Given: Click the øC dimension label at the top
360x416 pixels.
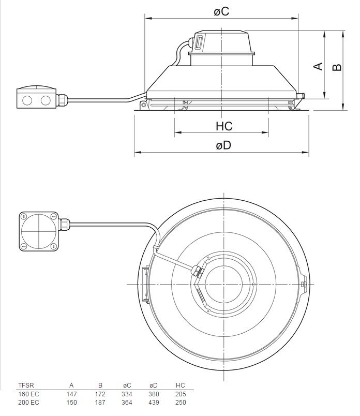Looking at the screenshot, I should point(221,11).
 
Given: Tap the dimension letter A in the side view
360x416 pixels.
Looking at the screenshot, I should point(318,66).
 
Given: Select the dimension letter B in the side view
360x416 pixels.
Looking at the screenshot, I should point(337,67).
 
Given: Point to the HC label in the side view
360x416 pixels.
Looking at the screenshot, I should point(224,126).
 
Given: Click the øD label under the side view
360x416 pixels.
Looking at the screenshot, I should point(223,145).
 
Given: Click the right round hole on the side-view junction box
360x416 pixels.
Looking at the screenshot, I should point(46,99).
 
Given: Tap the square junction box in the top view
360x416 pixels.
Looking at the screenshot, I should point(38,230).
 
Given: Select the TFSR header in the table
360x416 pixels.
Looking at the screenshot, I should point(25,385).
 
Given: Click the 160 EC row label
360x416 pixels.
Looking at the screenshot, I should point(28,394).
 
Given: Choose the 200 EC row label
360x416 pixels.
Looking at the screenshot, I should point(28,402).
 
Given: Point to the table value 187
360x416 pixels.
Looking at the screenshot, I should point(101,402).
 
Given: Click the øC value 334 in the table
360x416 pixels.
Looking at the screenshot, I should point(127,394).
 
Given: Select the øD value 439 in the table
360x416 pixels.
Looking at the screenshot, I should point(154,402).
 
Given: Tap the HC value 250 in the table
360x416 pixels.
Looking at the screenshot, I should point(180,402).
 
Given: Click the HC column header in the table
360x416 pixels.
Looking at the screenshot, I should point(180,385).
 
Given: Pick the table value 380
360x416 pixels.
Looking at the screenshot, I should point(154,394).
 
